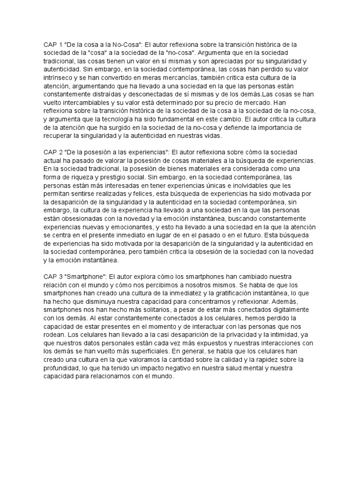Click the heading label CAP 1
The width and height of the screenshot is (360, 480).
52,44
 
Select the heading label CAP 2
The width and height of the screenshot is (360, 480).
52,152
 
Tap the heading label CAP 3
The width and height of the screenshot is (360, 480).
52,277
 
